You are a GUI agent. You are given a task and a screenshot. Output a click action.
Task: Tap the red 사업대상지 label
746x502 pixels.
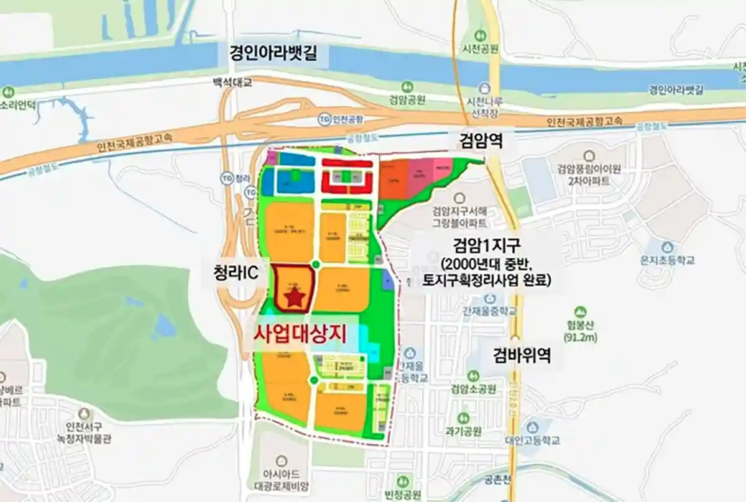pyautogui.click(x=299, y=332)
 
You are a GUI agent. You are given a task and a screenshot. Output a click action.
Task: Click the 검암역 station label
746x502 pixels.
pyautogui.click(x=477, y=141)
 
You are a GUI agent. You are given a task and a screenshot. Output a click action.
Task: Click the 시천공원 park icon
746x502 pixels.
pyautogui.click(x=479, y=35)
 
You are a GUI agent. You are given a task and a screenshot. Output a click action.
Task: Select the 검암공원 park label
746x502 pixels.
pyautogui.click(x=408, y=99)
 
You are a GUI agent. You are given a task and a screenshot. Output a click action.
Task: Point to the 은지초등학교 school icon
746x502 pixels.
pyautogui.click(x=656, y=245)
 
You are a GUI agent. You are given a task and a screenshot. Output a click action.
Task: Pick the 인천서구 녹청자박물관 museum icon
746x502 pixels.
pyautogui.click(x=83, y=413)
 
